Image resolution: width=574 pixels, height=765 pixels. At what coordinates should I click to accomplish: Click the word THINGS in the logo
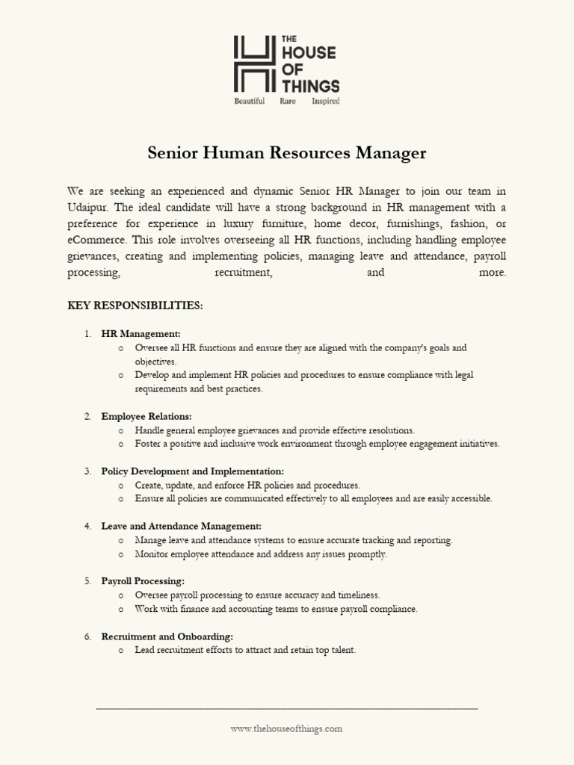tap(310, 85)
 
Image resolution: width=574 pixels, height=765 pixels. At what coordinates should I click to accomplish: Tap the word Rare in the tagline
tap(288, 101)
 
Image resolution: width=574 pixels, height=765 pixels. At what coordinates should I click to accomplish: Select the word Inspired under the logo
tap(326, 101)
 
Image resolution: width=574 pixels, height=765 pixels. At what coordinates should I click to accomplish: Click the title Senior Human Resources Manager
tap(287, 153)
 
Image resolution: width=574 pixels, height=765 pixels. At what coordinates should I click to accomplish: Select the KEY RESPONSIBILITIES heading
tap(135, 306)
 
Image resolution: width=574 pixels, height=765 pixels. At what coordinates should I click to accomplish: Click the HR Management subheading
tap(141, 334)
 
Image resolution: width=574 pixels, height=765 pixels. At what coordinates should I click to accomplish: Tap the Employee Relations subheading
tap(146, 416)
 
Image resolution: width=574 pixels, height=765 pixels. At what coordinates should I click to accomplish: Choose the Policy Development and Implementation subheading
tap(192, 471)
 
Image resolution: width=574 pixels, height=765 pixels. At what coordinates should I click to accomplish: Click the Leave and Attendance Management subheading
tap(181, 526)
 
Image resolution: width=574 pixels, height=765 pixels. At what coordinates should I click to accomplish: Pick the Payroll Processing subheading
tap(143, 580)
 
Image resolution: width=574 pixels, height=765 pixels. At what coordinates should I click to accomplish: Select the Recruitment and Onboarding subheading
tap(167, 637)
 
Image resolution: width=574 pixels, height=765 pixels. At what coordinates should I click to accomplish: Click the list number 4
tap(87, 526)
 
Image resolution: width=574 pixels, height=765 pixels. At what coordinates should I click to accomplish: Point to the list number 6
tap(87, 637)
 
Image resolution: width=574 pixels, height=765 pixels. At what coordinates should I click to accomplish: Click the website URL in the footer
tap(286, 728)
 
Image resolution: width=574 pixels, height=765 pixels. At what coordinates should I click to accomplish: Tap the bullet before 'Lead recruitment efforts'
tap(121, 651)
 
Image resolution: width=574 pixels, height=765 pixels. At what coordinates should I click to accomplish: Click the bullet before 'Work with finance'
tap(121, 610)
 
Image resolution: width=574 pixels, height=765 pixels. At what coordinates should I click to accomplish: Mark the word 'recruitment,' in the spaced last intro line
tap(243, 273)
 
